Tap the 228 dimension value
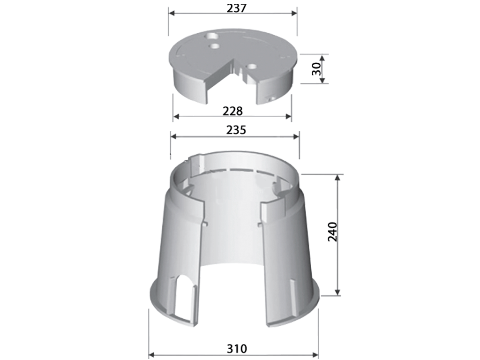pyautogui.click(x=232, y=111)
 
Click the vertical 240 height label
pyautogui.click(x=332, y=232)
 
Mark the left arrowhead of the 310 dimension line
pyautogui.click(x=151, y=355)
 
